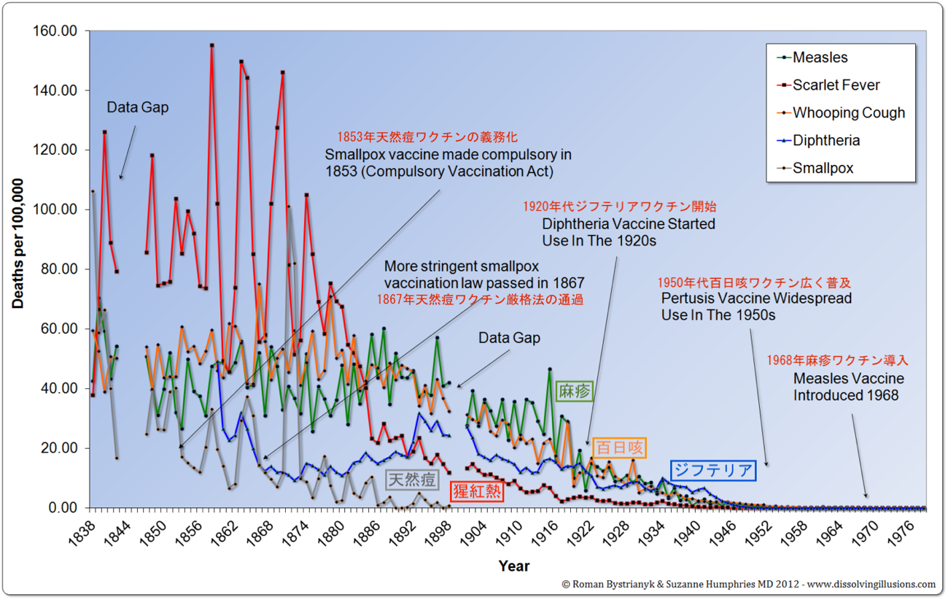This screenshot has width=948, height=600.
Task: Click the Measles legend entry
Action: coord(820,58)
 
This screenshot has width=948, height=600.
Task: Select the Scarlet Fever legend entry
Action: coord(836,85)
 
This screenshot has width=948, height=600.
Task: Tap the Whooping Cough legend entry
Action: coord(848,113)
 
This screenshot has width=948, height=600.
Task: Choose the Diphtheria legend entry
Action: coord(825,141)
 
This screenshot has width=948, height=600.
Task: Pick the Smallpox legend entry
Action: coord(823,169)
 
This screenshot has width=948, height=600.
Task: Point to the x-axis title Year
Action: coord(514,566)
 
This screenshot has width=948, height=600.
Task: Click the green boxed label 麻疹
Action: coord(575,391)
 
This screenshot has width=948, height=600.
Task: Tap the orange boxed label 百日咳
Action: coord(619,447)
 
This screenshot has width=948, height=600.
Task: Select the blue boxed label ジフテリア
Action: coord(712,470)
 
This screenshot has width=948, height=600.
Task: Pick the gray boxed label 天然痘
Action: coord(412,480)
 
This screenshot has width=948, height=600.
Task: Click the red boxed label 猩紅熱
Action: coord(476,491)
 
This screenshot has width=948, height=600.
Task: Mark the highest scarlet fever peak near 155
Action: coord(211,45)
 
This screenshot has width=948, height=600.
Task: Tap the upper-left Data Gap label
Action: coord(138,108)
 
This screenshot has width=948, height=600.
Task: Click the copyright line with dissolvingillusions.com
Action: coord(748,585)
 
